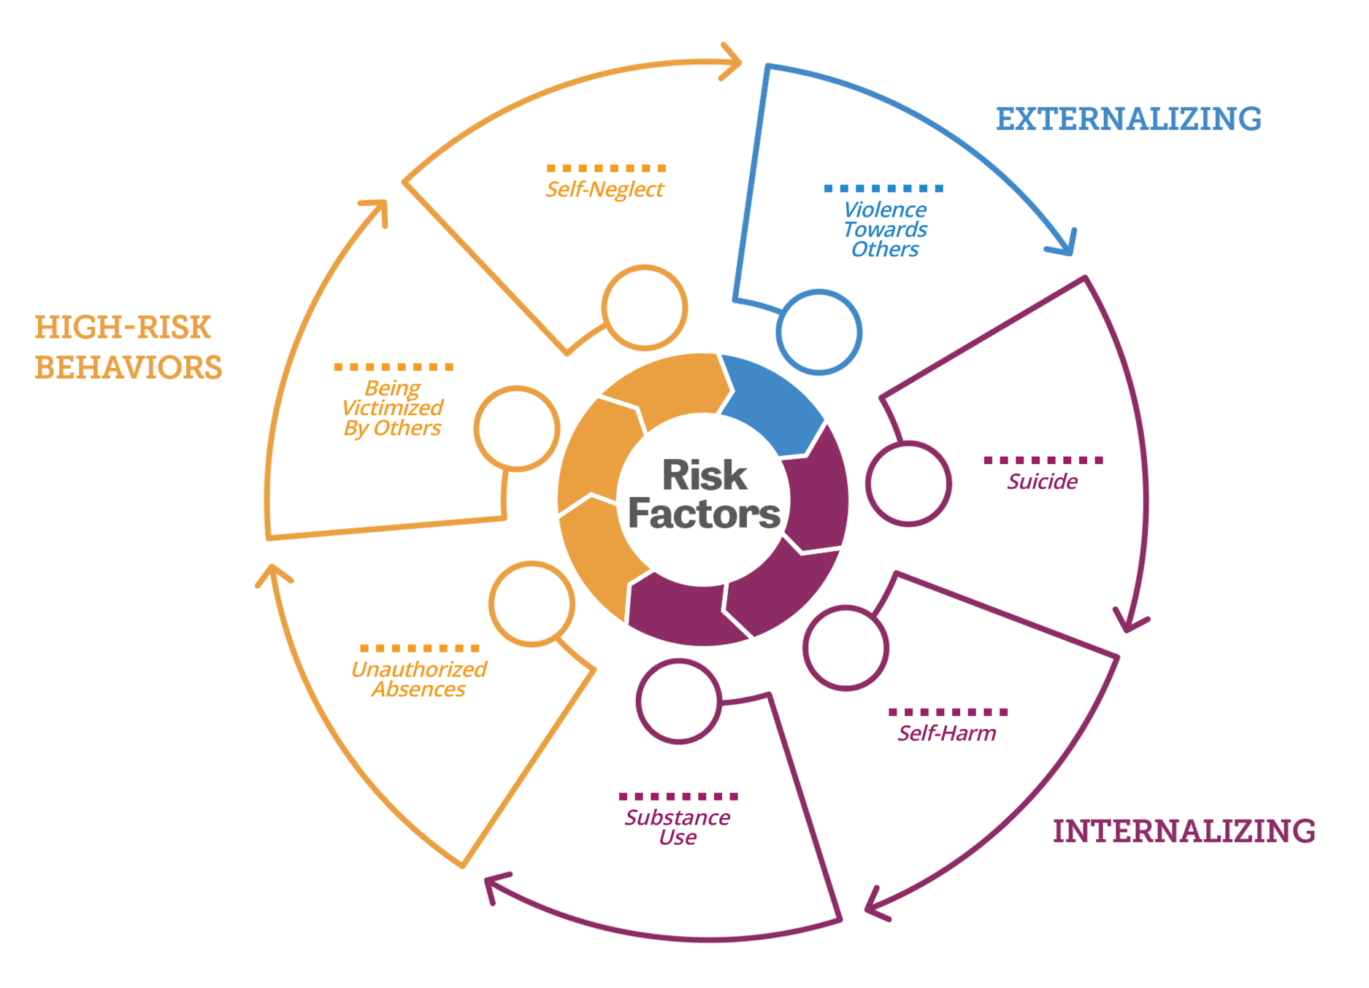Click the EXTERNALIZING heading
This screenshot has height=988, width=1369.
pos(1128,119)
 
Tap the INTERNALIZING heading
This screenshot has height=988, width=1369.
pos(1184,831)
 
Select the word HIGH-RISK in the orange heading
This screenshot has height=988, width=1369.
pos(123,327)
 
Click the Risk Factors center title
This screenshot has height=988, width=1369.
pos(704,495)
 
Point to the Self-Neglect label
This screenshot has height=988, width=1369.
pos(605,189)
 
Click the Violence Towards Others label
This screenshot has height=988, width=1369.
pos(885,229)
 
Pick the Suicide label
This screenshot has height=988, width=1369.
pos(1042,481)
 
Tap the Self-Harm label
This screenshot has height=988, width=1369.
pos(947,733)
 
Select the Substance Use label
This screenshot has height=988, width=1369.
pos(677,827)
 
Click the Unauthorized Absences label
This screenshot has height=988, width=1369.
pos(418,679)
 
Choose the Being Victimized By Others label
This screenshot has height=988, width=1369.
pos(392,407)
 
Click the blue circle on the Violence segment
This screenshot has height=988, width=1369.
pos(819,332)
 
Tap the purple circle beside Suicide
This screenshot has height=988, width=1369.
pos(908,483)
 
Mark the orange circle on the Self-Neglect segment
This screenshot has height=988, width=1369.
pos(645,307)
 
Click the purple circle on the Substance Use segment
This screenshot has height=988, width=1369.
pos(678,701)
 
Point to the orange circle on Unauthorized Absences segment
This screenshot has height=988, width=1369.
pos(532,603)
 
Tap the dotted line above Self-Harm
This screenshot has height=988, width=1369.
pos(948,711)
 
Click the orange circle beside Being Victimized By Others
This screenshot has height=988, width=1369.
pos(517,428)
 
